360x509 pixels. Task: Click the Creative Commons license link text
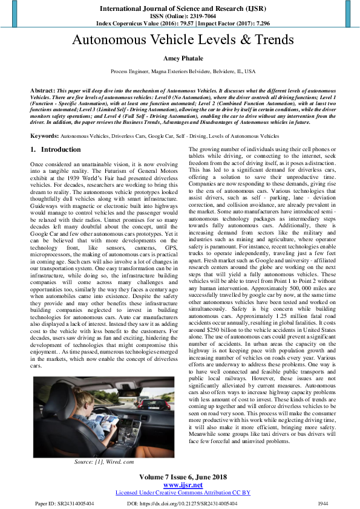click(183, 493)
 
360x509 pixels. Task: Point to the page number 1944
click(324, 502)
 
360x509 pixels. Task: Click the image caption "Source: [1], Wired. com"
click(103, 462)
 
